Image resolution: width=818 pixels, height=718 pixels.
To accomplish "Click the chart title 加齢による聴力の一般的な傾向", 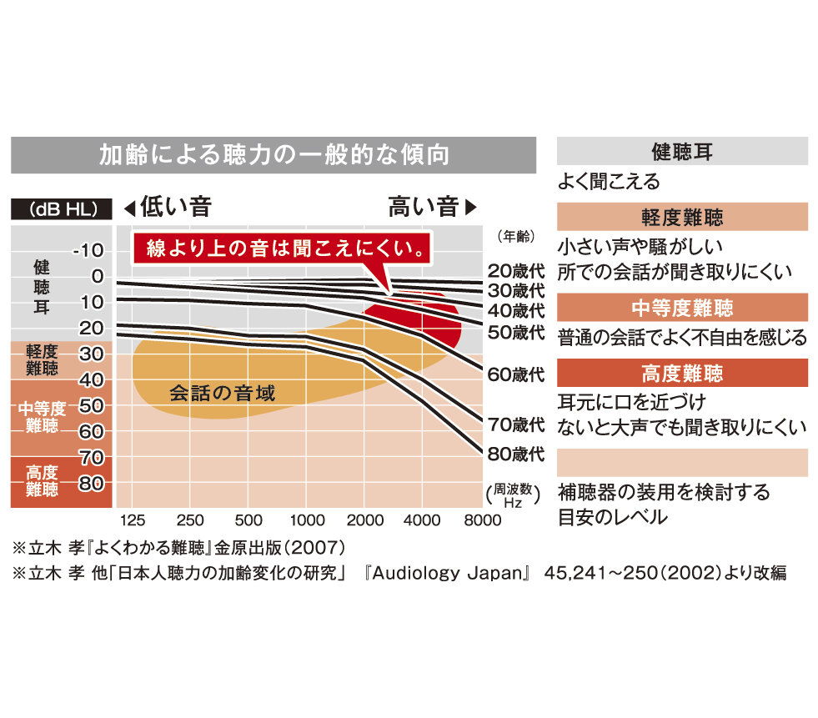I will (x=274, y=155).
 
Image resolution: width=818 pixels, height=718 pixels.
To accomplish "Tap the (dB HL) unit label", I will (x=60, y=208).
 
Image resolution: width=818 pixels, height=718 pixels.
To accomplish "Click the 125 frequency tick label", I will (x=133, y=520).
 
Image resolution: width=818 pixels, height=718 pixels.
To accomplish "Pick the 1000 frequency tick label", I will (x=308, y=520).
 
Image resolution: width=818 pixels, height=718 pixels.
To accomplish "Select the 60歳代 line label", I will (x=515, y=374).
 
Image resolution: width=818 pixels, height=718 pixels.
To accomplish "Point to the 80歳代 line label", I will (x=515, y=454).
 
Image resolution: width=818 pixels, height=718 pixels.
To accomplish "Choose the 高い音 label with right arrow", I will (x=432, y=207).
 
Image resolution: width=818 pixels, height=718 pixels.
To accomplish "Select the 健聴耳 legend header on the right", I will (x=681, y=152).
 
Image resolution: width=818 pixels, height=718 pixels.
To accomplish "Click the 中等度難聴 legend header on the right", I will (x=681, y=307).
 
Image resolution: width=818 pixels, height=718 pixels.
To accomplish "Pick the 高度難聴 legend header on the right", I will (x=681, y=372).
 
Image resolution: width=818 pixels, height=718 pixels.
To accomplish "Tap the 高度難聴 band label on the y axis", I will (x=42, y=481).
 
